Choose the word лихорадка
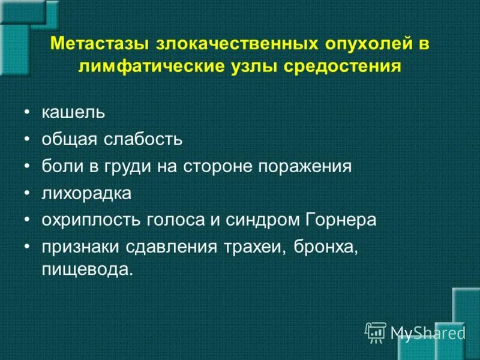pyautogui.click(x=86, y=193)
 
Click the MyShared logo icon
pyautogui.click(x=376, y=332)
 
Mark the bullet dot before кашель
pyautogui.click(x=27, y=113)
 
